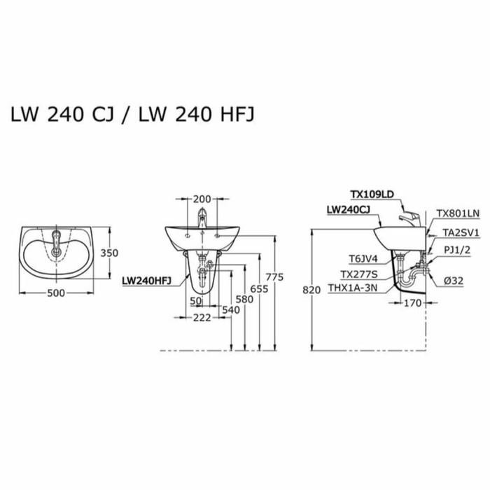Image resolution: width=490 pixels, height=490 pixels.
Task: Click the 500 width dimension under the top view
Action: [x=56, y=294]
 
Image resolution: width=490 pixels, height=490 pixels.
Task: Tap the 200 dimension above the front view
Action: [x=202, y=198]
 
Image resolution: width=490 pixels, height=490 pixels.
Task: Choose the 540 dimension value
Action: [x=230, y=308]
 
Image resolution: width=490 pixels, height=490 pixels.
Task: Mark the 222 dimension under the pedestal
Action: [x=203, y=318]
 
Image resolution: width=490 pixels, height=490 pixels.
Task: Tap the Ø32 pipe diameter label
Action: [x=453, y=280]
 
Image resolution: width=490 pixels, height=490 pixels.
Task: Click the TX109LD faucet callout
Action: [x=373, y=195]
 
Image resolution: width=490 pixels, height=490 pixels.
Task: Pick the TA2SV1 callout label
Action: [x=461, y=232]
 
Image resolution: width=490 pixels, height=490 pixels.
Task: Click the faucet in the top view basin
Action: [x=55, y=241]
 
